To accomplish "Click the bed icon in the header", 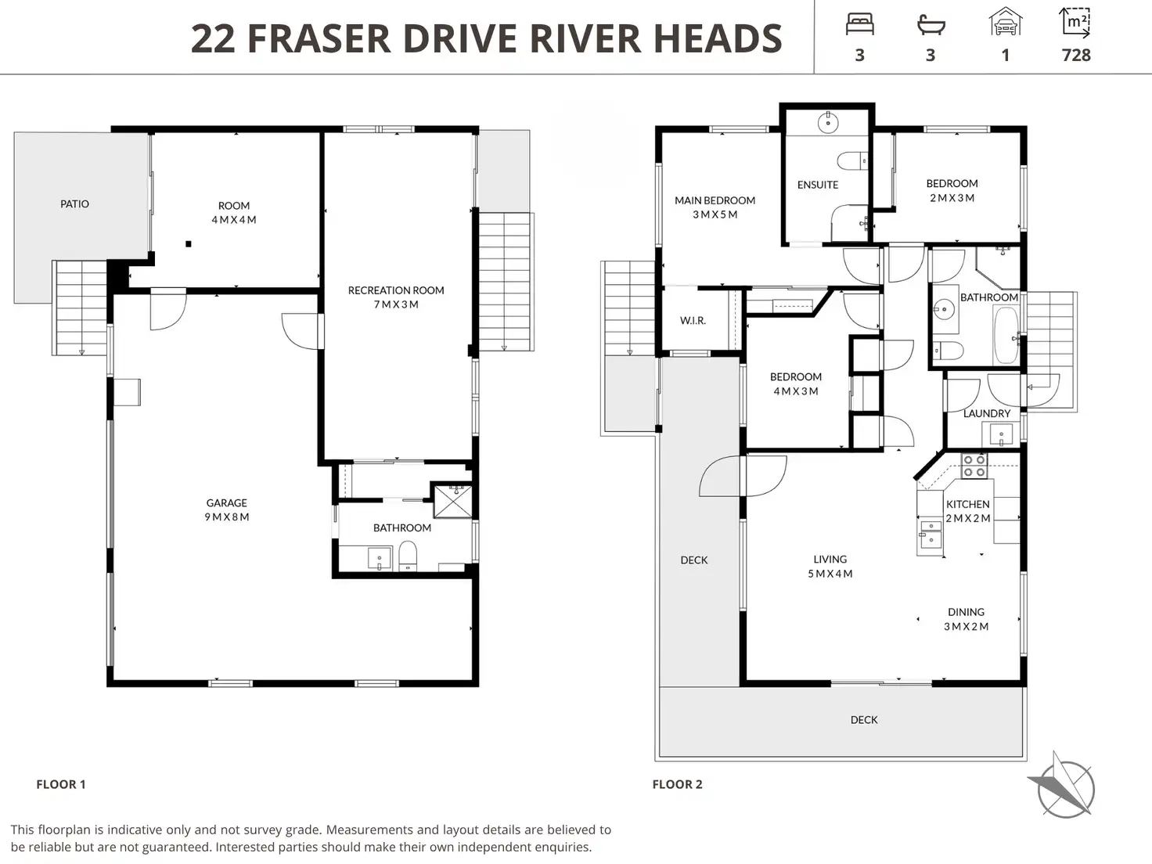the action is (859, 24).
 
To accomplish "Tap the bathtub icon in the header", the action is (931, 25).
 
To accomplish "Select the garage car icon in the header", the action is (1005, 21).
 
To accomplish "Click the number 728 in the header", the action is (1076, 55).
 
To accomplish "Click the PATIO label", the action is (74, 204).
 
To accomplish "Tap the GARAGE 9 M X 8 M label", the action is (227, 509).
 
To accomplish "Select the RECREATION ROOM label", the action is (396, 290).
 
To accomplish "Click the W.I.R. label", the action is (693, 321).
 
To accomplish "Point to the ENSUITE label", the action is (818, 185).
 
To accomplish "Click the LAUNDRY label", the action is (987, 413).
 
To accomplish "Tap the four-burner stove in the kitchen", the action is (974, 466).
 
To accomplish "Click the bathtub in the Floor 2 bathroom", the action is (1006, 335).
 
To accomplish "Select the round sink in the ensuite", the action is (828, 124).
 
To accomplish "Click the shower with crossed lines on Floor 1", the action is (452, 501).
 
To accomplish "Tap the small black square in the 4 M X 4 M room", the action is (189, 243).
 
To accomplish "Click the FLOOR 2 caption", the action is (677, 784).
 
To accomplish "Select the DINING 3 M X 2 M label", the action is (967, 619).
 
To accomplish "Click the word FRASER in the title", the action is (319, 38).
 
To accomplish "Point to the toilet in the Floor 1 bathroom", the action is (408, 556).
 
